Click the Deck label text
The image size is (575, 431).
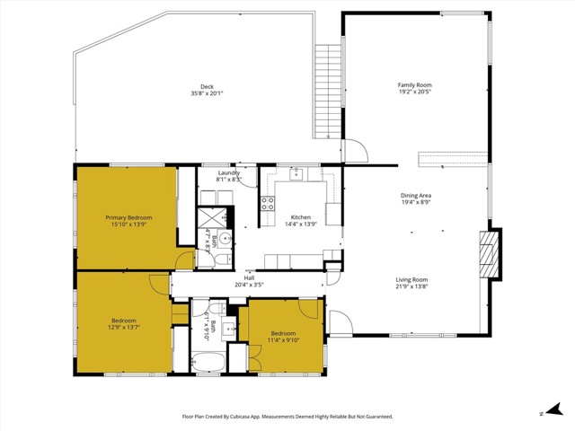[206, 86]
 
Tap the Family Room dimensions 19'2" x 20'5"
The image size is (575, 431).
[415, 92]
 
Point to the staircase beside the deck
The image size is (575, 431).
[329, 90]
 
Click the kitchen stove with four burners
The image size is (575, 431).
[267, 203]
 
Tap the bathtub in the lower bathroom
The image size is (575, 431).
[208, 364]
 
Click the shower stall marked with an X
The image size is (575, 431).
[213, 218]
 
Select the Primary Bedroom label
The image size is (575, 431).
[128, 217]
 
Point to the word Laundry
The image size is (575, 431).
[228, 173]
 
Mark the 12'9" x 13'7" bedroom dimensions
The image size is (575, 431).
[124, 328]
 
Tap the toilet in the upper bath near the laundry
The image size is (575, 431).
[226, 239]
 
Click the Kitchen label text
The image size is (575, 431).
[300, 217]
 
